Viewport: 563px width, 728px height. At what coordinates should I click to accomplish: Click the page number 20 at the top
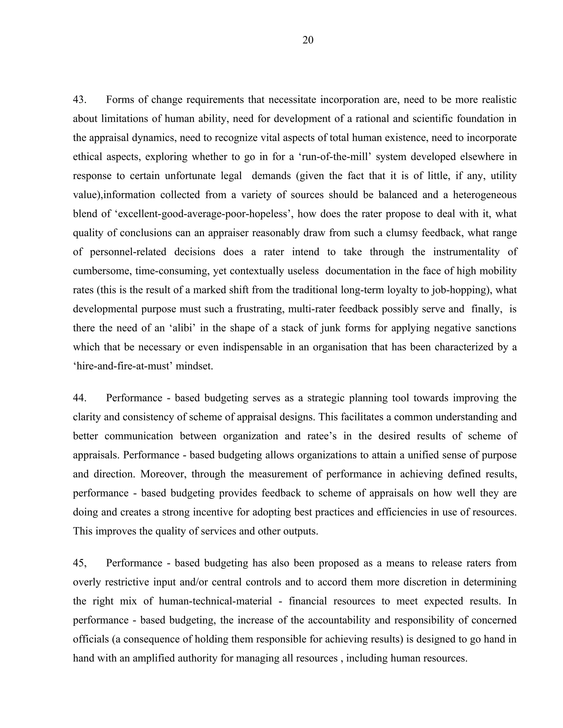(308, 40)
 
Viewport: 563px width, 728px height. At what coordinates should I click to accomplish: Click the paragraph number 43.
(80, 100)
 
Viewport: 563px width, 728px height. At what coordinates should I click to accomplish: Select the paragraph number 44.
(80, 398)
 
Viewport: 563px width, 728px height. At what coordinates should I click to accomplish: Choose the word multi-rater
(311, 309)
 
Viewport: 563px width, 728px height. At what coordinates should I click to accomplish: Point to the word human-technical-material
(216, 601)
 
